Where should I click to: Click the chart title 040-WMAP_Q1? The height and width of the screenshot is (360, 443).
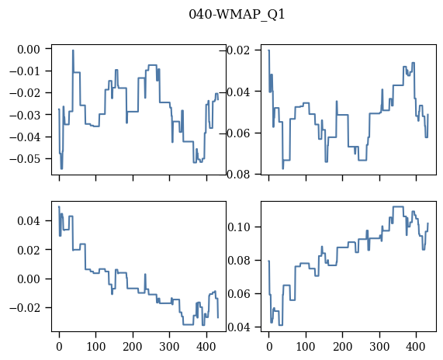237,14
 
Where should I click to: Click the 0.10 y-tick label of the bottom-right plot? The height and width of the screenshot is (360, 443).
239,227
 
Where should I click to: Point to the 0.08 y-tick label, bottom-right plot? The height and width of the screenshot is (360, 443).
239,260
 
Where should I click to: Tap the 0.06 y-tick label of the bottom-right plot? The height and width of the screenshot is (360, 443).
239,294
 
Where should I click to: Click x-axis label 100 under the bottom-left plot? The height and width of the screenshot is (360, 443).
95,347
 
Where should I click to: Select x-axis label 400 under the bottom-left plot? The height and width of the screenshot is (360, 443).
206,347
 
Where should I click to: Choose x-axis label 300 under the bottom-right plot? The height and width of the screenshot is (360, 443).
379,347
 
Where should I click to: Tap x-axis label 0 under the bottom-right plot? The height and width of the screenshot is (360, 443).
269,347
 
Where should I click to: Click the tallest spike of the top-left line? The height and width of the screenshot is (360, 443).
73,50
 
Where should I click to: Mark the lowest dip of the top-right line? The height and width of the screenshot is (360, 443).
283,168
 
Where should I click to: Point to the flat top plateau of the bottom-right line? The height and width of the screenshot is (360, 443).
398,206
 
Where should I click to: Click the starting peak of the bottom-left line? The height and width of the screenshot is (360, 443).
59,206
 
